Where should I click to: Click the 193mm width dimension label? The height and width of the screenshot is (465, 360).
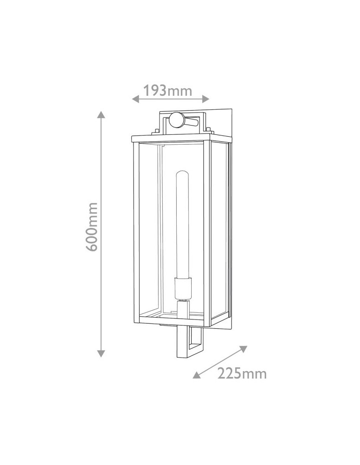point(168,91)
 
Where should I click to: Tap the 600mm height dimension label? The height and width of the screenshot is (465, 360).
point(92,227)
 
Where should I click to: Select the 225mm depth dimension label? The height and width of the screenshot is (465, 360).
point(242,373)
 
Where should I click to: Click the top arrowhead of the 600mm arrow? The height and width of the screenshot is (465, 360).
point(101,114)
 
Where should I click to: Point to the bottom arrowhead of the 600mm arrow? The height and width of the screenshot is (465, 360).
point(101,353)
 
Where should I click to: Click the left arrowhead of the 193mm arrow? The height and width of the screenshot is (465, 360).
point(135,99)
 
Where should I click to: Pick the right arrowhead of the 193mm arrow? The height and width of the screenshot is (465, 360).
point(206,99)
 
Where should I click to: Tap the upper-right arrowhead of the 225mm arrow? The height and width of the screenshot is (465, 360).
point(243,349)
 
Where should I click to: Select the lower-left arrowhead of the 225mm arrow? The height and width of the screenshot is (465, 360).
point(196,375)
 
